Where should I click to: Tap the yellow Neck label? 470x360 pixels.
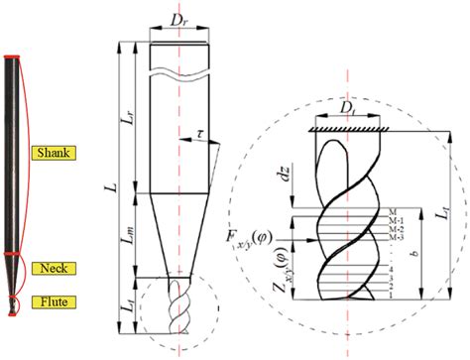pos(48,269)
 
